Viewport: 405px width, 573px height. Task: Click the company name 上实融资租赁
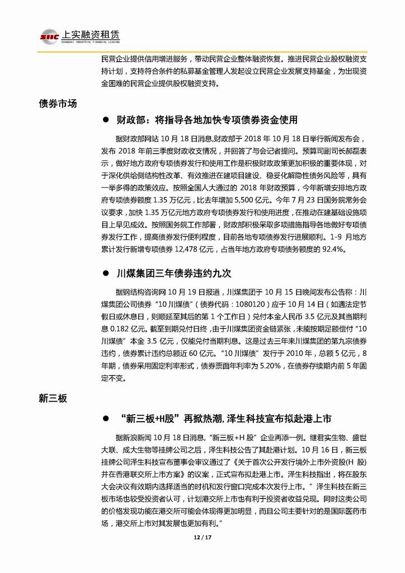pyautogui.click(x=89, y=33)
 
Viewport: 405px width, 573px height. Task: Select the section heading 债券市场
pyautogui.click(x=58, y=104)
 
